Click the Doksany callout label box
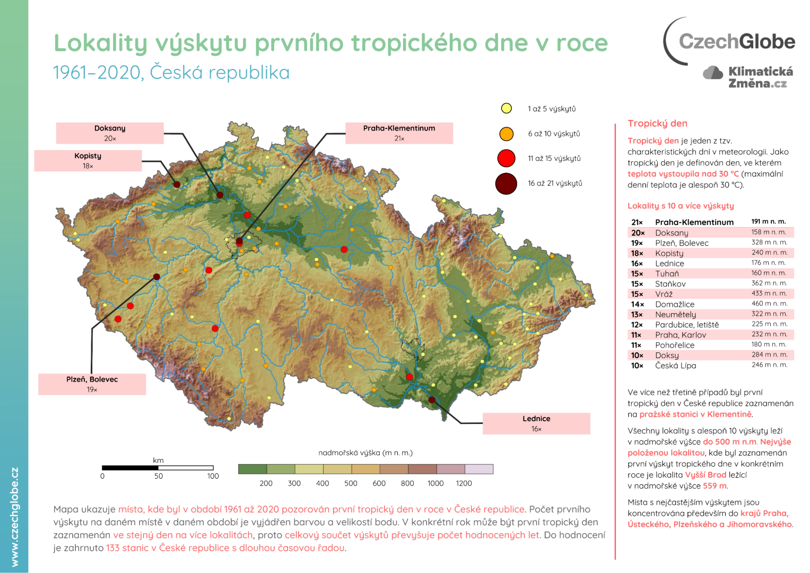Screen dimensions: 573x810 110,133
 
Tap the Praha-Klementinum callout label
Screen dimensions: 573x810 399,133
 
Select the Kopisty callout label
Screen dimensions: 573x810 88,161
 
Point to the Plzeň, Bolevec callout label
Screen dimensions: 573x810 92,384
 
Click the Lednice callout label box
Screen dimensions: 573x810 536,423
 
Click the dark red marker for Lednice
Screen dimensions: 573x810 432,400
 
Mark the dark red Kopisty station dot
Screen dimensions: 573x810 177,185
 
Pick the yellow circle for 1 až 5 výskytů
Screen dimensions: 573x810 507,109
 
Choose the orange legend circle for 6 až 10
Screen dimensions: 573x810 507,134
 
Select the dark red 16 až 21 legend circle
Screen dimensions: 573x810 506,184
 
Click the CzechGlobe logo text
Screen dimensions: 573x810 736,41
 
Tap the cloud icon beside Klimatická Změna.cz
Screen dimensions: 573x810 713,73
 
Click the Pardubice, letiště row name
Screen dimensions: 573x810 687,325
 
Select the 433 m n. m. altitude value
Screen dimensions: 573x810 769,293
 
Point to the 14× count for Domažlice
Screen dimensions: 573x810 637,305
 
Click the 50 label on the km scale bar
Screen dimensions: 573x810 159,476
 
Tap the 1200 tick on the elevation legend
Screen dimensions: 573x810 464,483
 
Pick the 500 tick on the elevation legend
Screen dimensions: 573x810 351,483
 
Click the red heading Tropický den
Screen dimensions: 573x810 657,124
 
